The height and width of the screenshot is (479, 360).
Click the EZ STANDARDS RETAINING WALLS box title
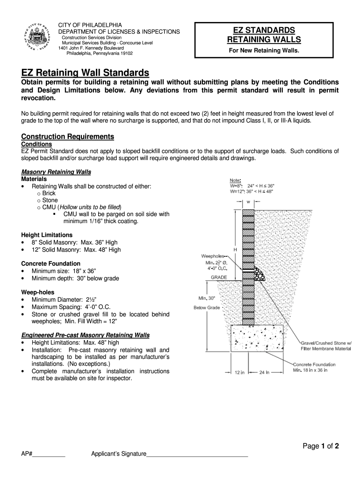tap(264, 34)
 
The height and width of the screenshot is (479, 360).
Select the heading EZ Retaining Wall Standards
tap(85, 73)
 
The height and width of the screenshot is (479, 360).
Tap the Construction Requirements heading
tap(68, 137)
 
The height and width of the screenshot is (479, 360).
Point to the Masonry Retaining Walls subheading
tap(56, 172)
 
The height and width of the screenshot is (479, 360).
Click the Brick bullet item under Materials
tap(49, 193)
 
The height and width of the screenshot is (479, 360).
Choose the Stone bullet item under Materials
tap(50, 200)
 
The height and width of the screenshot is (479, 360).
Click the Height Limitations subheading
tap(47, 235)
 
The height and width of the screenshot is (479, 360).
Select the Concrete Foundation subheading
tap(50, 264)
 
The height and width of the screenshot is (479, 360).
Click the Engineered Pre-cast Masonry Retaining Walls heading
tap(86, 335)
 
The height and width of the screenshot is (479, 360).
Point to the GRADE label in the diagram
tap(219, 277)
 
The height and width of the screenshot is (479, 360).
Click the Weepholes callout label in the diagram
tap(214, 256)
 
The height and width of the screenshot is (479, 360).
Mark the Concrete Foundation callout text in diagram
tap(314, 364)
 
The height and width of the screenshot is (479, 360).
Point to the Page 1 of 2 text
tap(321, 446)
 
